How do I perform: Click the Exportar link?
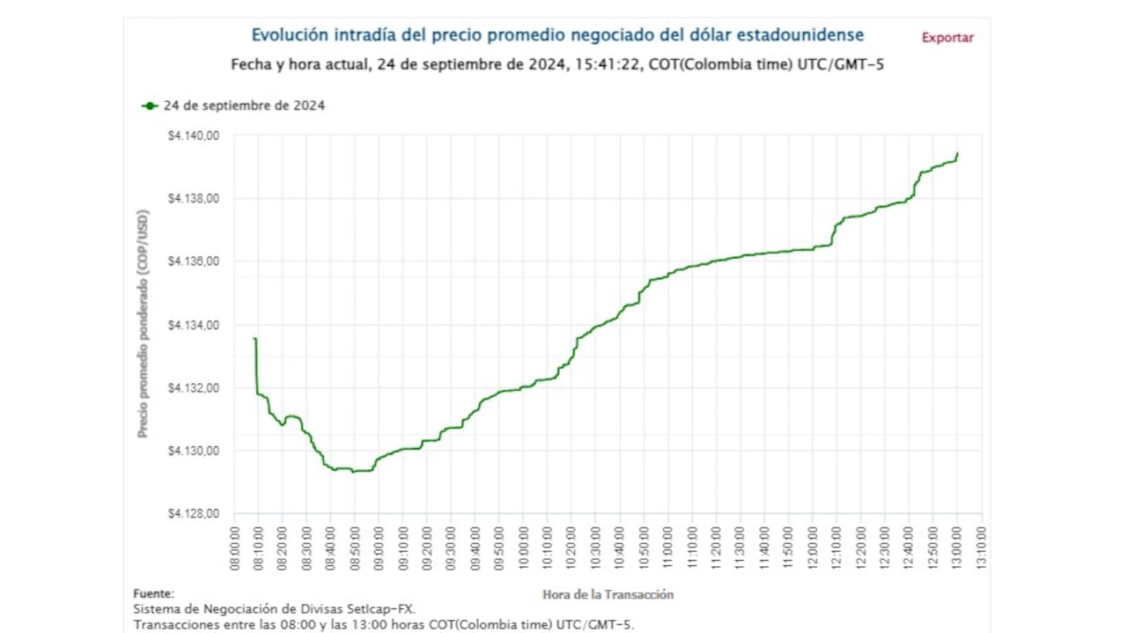(947, 38)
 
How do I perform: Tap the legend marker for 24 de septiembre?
(150, 106)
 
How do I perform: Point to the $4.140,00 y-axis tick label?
(193, 136)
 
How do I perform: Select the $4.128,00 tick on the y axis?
(193, 514)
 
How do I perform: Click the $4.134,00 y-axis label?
(193, 325)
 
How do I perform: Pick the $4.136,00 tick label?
(193, 261)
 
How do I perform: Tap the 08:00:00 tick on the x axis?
(236, 548)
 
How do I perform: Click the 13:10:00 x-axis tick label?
(982, 548)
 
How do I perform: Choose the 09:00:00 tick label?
(379, 548)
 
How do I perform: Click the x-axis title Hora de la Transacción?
(608, 595)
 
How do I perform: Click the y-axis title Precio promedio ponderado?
(143, 325)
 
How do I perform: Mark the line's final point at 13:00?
(957, 153)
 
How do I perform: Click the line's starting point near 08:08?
(254, 338)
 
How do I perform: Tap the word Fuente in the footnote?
(153, 593)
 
